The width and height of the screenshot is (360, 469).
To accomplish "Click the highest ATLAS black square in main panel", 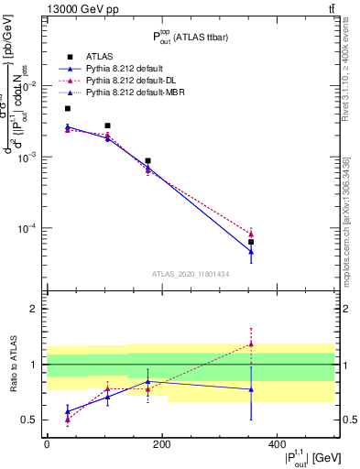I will [x=68, y=108].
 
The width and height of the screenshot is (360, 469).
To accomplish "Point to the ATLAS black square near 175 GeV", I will [x=147, y=161].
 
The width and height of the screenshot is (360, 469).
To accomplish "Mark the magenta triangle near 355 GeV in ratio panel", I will [x=251, y=344].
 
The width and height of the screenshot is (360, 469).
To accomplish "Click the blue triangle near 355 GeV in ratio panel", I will [x=251, y=389].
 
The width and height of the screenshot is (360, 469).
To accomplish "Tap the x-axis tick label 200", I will [x=161, y=443].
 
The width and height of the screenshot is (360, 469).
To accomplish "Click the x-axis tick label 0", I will [x=47, y=443].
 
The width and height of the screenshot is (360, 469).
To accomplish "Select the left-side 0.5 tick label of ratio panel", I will [x=29, y=420].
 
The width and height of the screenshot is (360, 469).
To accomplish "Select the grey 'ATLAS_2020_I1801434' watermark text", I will [x=190, y=273].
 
